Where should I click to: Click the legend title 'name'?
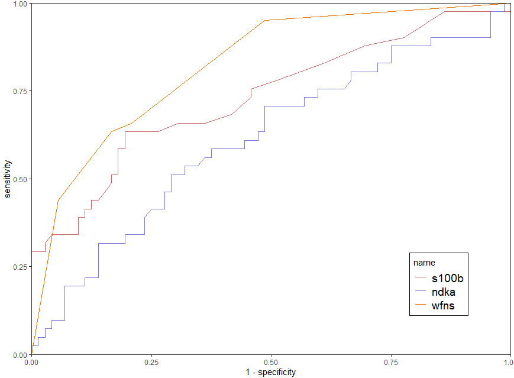pyautogui.click(x=424, y=261)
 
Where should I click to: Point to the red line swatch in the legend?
pyautogui.click(x=421, y=277)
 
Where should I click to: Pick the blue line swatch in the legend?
pyautogui.click(x=421, y=292)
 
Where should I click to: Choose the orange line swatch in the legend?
pyautogui.click(x=421, y=306)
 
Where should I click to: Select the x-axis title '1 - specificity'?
pyautogui.click(x=270, y=372)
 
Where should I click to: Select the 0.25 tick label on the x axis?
pyautogui.click(x=151, y=361)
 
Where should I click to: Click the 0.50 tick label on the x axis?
pyautogui.click(x=271, y=361)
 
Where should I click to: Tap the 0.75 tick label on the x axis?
pyautogui.click(x=391, y=361)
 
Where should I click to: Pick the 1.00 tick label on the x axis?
pyautogui.click(x=507, y=361)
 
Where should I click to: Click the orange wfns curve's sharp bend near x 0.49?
pyautogui.click(x=265, y=20)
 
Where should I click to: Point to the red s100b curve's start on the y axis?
pyautogui.click(x=31, y=252)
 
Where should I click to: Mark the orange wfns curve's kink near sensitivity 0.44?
pyautogui.click(x=58, y=201)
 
